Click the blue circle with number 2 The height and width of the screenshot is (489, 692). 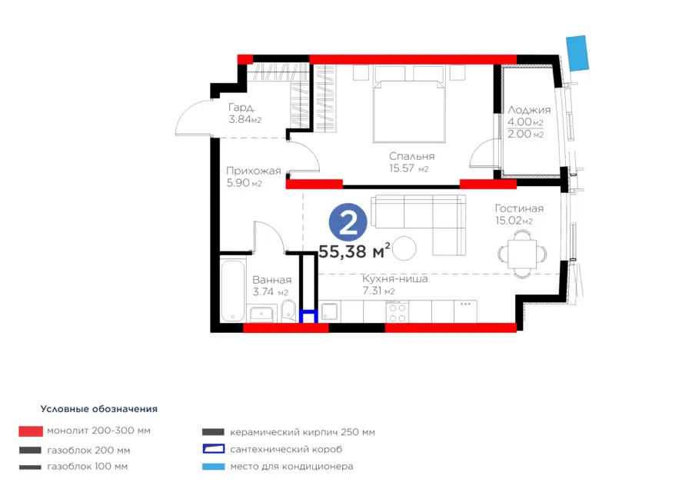coord(348,222)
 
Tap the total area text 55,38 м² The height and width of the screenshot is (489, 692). coord(354,251)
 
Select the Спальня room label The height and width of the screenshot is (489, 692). coord(412,156)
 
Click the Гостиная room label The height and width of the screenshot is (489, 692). coord(519,208)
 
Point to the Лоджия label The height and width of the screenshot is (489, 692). coord(529,110)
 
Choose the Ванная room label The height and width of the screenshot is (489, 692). coord(272,280)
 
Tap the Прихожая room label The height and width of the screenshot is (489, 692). coord(253,171)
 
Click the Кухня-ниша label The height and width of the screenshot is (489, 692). coord(395,279)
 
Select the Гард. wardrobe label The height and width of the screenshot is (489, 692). coord(241,107)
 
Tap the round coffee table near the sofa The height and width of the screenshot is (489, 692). coord(404,248)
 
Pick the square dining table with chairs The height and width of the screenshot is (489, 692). coord(522,254)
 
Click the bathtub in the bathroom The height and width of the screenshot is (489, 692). coord(232,291)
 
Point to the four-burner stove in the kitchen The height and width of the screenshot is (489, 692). coord(398,312)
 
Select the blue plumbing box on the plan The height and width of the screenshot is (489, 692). coord(308,317)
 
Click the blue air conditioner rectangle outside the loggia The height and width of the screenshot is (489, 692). coord(577,53)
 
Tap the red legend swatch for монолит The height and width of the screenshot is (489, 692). coord(31,431)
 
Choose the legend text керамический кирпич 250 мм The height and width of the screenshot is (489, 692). coord(302,432)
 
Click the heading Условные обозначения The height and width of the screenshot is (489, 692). coord(99,409)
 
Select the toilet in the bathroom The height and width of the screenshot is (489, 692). coord(288,311)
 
